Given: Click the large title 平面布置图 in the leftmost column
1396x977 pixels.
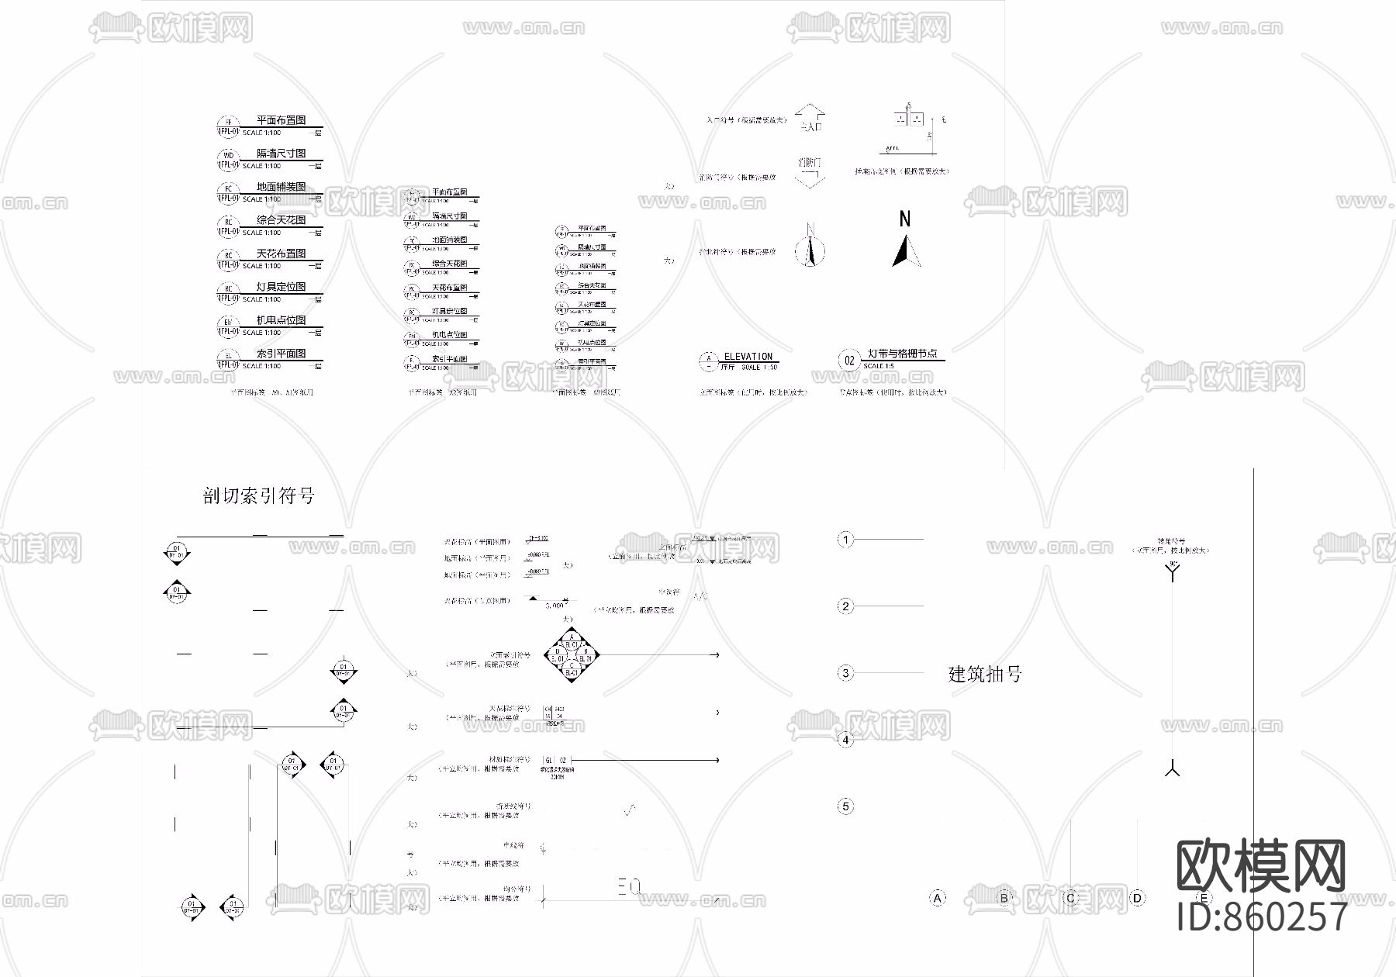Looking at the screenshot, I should (281, 120).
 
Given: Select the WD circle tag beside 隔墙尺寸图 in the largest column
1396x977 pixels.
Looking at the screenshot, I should (228, 156).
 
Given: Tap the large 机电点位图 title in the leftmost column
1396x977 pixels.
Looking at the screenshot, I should (281, 320).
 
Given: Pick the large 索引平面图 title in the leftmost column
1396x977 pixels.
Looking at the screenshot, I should (281, 354).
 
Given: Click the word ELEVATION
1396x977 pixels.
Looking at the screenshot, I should (748, 357).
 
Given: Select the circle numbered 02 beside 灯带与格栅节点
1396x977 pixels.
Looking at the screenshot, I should (849, 361).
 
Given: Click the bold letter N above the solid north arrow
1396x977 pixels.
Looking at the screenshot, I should (904, 219).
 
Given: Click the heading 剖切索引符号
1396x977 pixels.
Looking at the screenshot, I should (258, 496).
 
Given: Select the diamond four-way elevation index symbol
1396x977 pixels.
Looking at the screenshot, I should (572, 656).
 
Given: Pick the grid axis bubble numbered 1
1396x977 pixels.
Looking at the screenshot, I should (845, 539).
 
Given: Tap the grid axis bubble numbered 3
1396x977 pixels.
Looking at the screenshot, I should (845, 673).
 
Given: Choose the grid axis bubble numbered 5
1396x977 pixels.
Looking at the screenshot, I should (845, 806).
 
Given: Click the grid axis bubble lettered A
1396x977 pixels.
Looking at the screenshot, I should (938, 898).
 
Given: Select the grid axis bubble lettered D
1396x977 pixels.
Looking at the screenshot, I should (1137, 898).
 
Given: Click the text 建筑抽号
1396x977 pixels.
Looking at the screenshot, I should (985, 674).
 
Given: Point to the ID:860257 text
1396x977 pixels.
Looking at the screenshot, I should (1262, 917).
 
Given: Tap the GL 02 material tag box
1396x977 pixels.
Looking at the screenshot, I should (556, 761).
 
